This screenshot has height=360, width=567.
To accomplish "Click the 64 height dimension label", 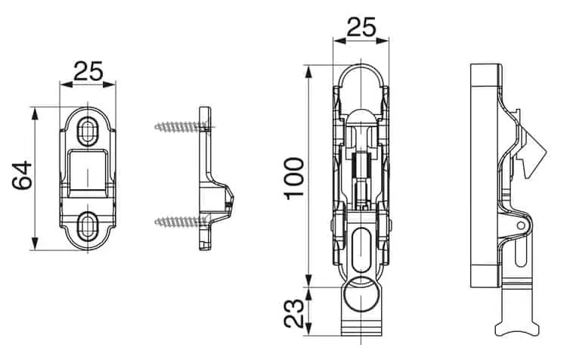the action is [22, 176].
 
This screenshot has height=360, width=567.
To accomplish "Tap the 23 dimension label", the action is [293, 313].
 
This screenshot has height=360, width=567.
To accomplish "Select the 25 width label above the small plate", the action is [88, 71].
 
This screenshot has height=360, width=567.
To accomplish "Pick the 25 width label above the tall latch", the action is [361, 27].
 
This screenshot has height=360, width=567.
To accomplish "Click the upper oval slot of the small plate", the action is [88, 131].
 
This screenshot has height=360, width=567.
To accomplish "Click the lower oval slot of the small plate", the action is [87, 225].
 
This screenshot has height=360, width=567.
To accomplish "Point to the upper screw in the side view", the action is [182, 126].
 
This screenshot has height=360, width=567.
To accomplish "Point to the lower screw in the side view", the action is [182, 221].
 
